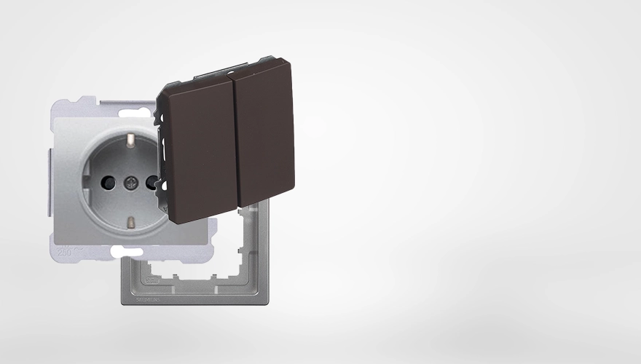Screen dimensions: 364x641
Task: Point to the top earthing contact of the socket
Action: click(132, 138)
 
